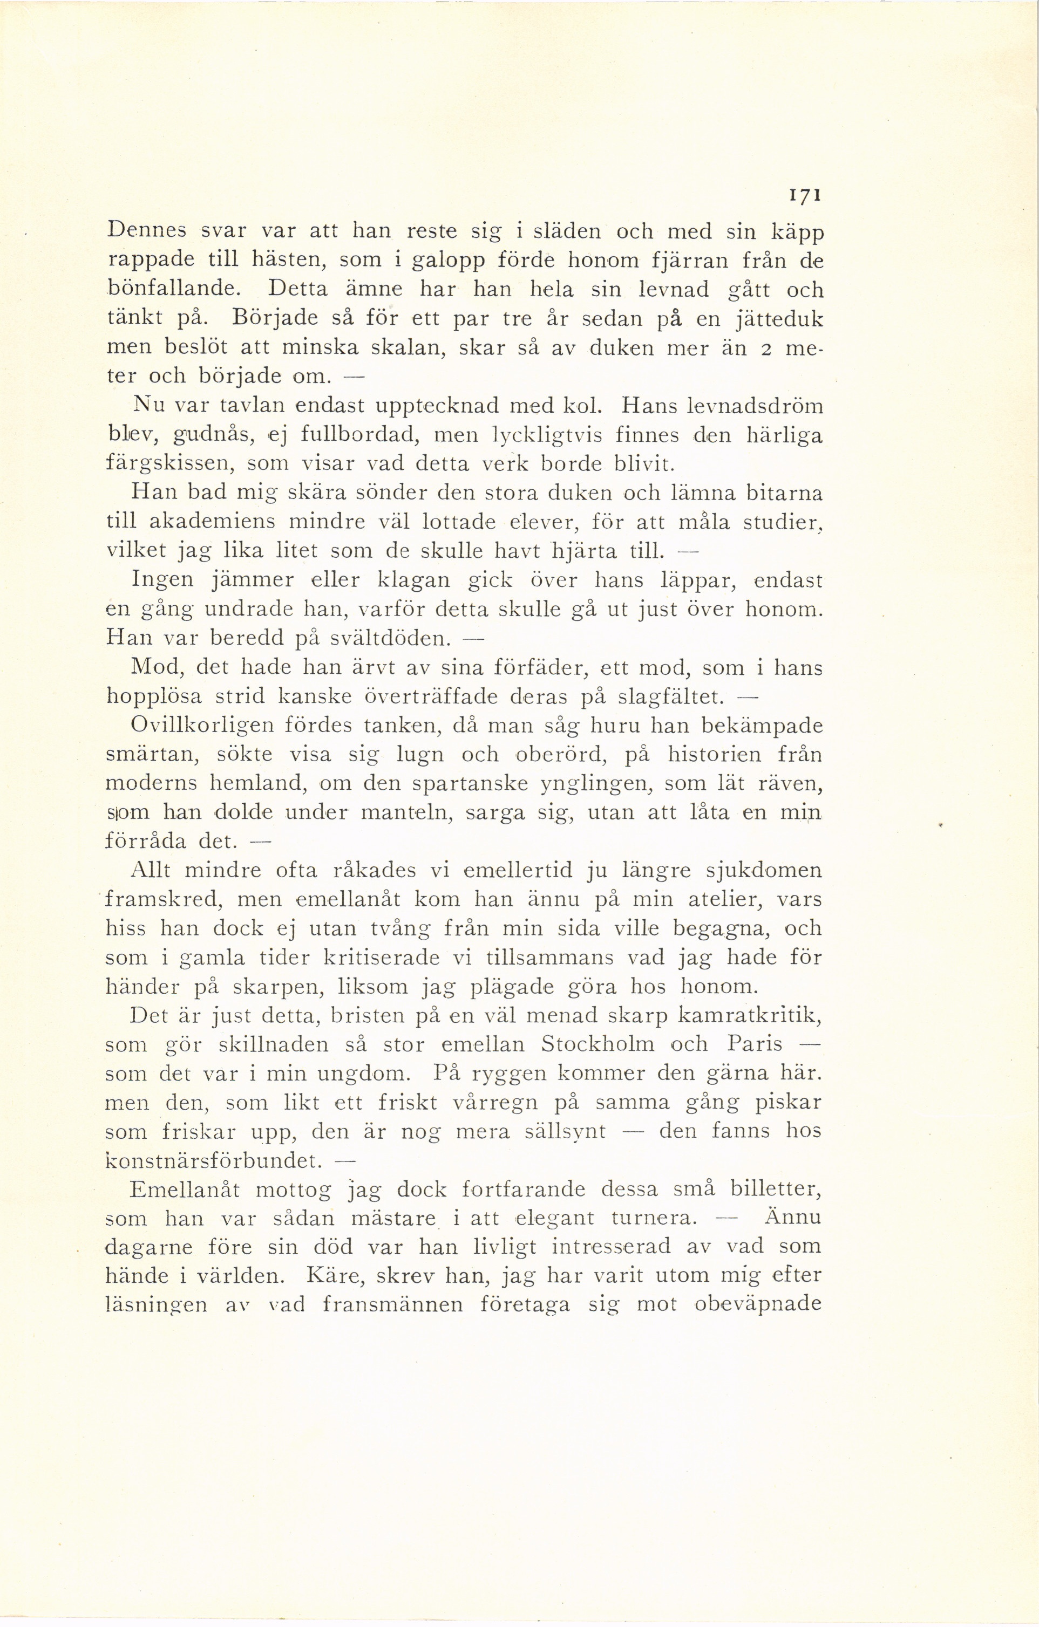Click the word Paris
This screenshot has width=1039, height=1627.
point(755,1045)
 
